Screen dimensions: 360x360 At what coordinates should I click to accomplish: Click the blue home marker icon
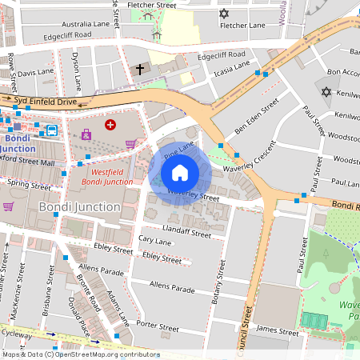coord(180,173)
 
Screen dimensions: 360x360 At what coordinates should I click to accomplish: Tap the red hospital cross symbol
coord(110,125)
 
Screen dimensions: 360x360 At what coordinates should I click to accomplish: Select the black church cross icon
coord(140,70)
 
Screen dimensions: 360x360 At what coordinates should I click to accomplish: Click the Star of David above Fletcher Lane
coord(224,14)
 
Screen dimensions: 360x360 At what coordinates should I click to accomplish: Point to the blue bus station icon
coord(51,130)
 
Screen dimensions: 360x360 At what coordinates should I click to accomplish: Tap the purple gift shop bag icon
coord(86,134)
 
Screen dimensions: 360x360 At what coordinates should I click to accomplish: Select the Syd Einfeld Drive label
coord(45,102)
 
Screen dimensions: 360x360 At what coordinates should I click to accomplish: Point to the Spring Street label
coord(29,184)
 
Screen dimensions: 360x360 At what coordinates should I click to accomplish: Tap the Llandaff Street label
coord(185,234)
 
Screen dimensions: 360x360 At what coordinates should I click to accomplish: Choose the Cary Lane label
coord(155,239)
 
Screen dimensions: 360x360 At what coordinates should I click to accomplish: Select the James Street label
coord(278,330)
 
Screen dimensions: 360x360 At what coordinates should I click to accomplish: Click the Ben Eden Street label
coord(256,117)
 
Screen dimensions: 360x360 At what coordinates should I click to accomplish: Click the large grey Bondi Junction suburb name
coord(79,207)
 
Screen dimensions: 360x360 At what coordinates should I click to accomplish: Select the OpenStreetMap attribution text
coord(80,354)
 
